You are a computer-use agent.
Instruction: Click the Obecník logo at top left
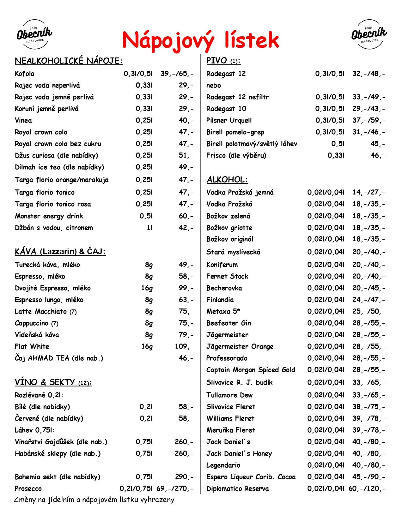point(34,34)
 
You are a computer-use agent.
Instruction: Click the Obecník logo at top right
point(369,34)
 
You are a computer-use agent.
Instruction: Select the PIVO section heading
point(223,61)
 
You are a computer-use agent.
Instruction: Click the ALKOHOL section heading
point(227,180)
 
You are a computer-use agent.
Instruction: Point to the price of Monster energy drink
point(186,216)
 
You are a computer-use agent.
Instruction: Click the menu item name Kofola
point(25,74)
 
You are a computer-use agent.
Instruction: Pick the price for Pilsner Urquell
point(369,120)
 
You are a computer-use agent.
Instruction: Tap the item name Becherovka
point(224,288)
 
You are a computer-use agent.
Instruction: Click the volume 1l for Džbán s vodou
point(150,228)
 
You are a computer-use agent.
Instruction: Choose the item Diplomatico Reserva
point(237,488)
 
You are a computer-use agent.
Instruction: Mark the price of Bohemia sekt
point(184,477)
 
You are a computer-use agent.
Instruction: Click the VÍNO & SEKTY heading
point(53,382)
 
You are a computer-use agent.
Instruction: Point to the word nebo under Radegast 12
point(213,85)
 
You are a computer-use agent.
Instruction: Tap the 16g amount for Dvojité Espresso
point(147,288)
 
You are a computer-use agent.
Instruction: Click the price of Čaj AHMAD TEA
point(186,358)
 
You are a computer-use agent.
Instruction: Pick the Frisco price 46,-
point(378,155)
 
